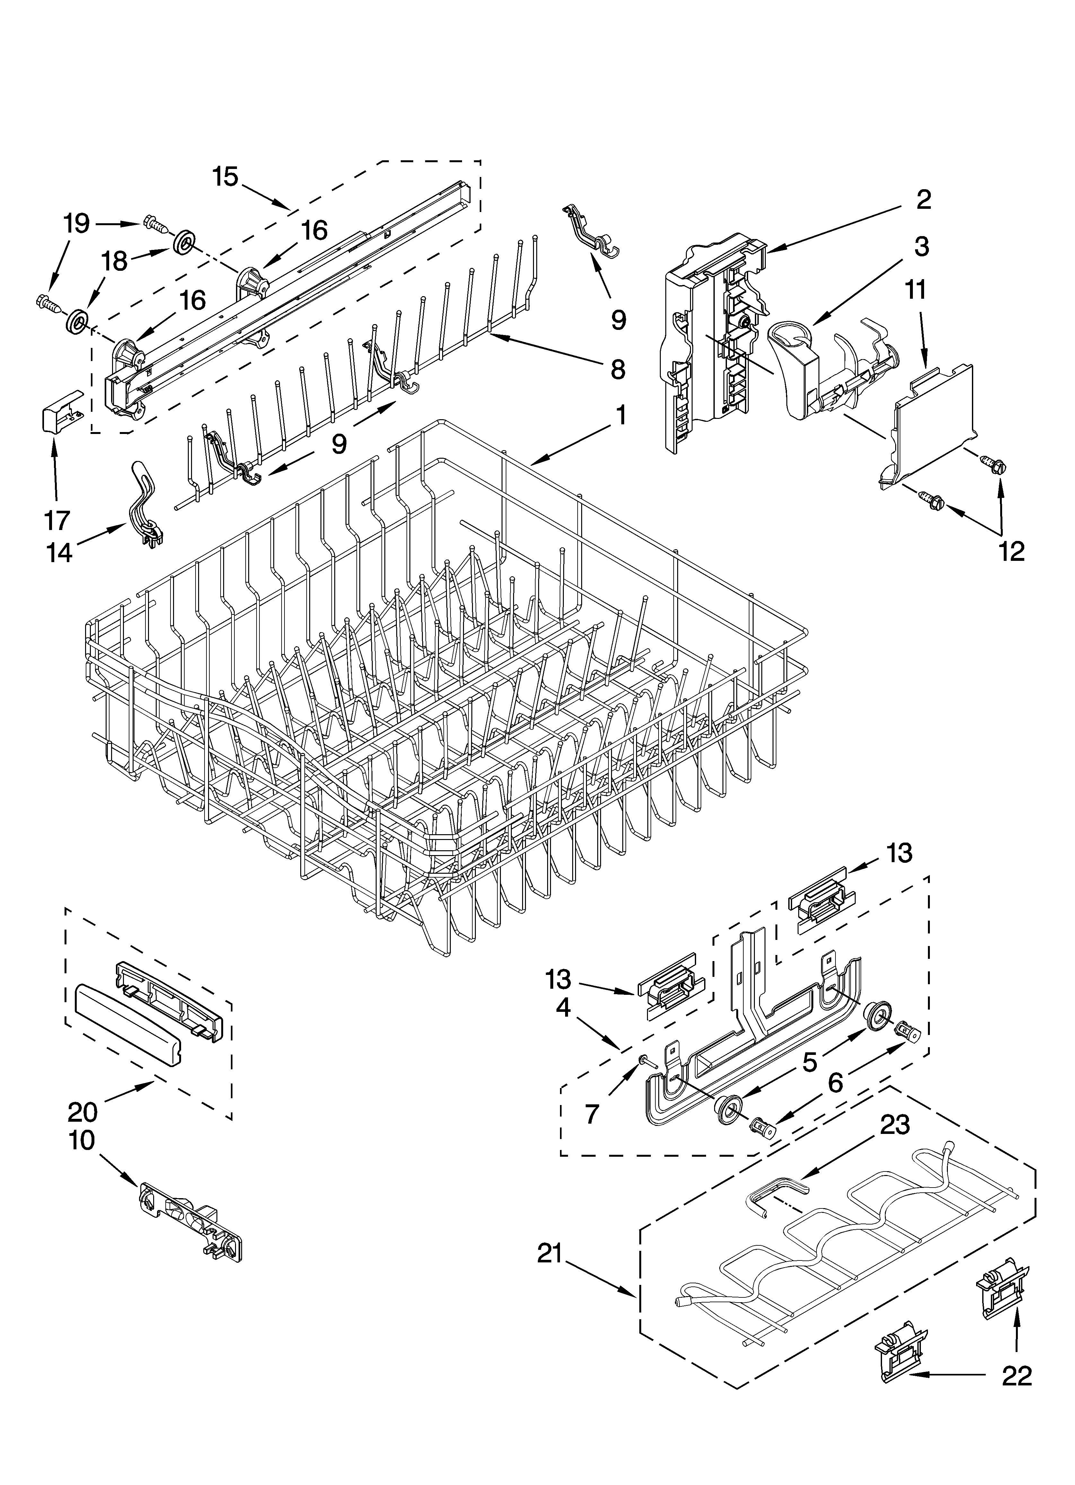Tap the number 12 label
pyautogui.click(x=1011, y=551)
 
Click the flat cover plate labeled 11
pyautogui.click(x=933, y=419)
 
